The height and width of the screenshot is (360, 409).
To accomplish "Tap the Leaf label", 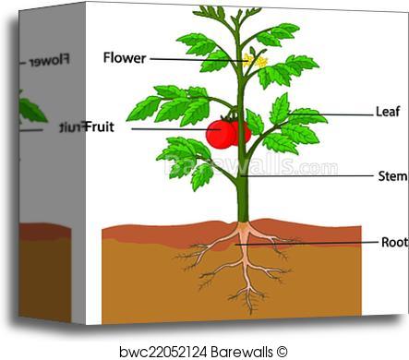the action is pyautogui.click(x=388, y=111).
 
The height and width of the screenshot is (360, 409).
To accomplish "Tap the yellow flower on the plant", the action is pyautogui.click(x=254, y=61).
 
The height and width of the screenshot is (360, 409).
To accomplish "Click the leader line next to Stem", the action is pyautogui.click(x=314, y=175).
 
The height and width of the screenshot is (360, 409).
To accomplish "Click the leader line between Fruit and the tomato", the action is pyautogui.click(x=166, y=129).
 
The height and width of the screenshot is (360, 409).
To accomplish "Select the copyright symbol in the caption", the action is pyautogui.click(x=283, y=350).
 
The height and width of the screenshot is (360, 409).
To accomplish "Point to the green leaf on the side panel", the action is pyautogui.click(x=33, y=111).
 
